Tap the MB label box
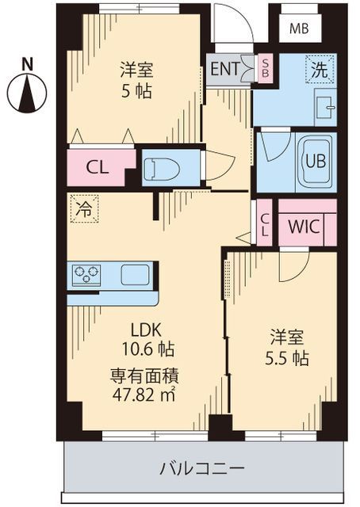click(x=299, y=30)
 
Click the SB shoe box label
click(x=266, y=68)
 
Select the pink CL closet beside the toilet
click(x=98, y=167)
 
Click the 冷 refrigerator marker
click(x=83, y=209)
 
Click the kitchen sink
click(x=135, y=275)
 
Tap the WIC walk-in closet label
click(x=304, y=226)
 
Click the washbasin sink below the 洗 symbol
click(x=323, y=104)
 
